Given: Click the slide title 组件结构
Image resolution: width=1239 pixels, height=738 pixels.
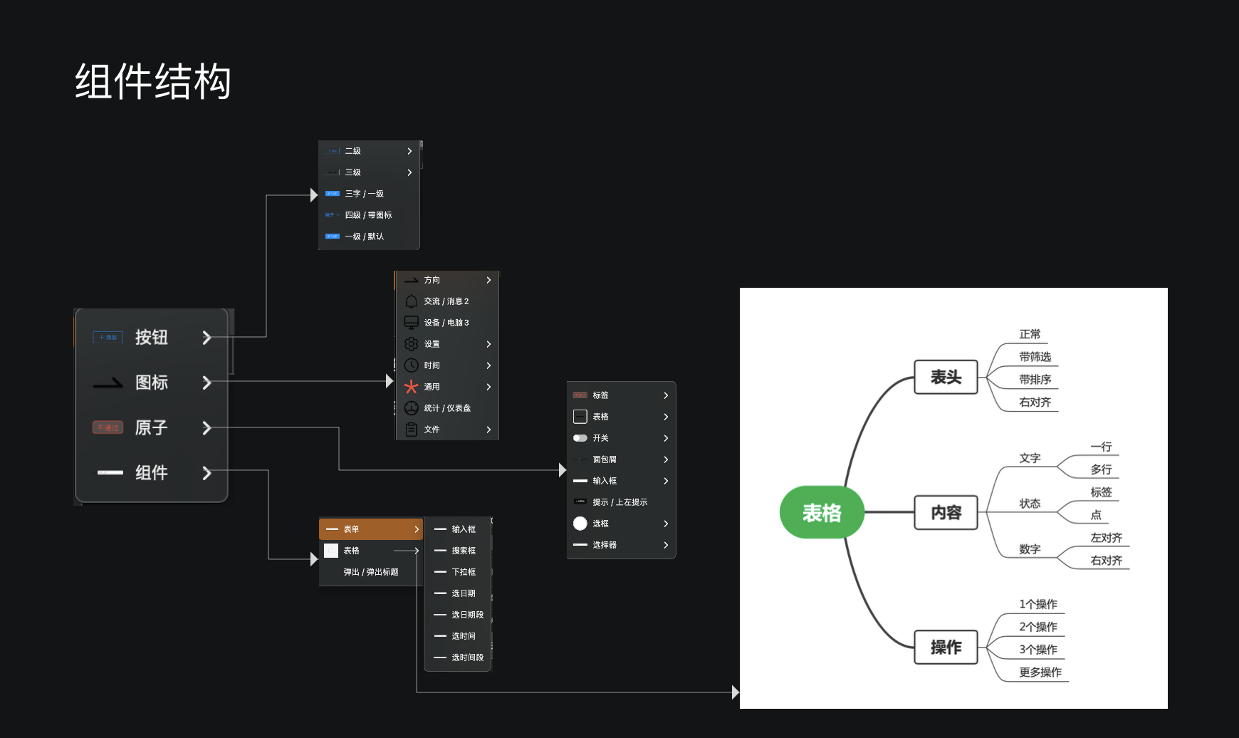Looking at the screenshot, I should coord(153,81).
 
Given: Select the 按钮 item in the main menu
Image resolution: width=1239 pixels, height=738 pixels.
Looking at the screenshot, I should coord(151,337).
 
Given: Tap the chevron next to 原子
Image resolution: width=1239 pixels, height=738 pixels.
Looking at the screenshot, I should coord(206,428).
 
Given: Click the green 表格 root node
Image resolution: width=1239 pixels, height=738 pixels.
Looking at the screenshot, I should coord(822,513).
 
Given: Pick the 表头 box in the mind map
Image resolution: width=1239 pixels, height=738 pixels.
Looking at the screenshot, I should coord(946,377).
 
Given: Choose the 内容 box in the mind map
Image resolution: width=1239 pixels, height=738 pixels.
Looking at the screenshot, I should coord(946,513).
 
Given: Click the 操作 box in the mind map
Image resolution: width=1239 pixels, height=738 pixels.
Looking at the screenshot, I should coord(946,647).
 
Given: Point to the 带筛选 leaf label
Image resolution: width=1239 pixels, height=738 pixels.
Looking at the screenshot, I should coord(1035,357).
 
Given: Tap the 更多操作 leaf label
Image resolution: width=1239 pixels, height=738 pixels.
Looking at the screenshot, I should coord(1040,672).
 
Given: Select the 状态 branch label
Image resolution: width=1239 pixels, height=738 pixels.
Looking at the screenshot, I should coord(1030,504).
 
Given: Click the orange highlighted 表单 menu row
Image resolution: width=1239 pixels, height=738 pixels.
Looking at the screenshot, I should coord(370,529).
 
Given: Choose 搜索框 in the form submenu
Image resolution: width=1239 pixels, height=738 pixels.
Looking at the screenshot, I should coord(463,551).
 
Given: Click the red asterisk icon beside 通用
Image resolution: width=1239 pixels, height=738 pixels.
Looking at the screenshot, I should coord(411,387).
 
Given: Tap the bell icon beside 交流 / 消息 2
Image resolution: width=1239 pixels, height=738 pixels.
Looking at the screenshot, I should coord(411,301).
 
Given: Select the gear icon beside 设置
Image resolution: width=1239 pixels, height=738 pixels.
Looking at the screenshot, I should coord(411,344).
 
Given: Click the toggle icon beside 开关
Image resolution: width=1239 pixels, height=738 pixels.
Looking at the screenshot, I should coord(580,438).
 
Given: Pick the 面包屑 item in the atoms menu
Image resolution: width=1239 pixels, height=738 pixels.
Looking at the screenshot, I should coord(605,459).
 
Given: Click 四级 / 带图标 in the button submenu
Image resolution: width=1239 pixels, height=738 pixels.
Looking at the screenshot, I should coord(368,215).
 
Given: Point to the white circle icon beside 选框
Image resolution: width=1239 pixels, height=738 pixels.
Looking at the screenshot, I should coord(580,524).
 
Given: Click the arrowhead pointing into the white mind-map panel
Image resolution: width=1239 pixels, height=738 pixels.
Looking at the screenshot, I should coord(735,692).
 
